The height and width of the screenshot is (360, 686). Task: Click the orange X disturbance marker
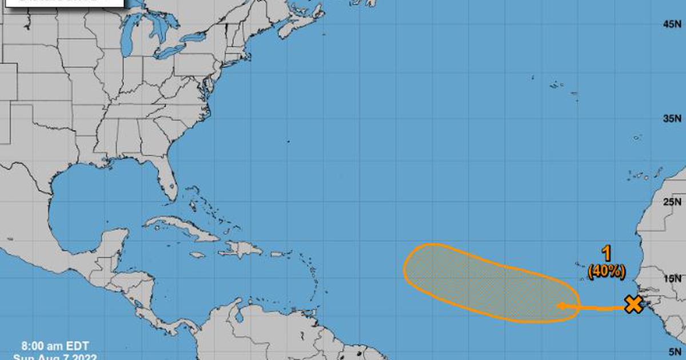[x=633, y=305]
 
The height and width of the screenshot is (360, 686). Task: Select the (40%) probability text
[x=607, y=271]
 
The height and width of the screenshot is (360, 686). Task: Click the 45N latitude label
[x=671, y=24]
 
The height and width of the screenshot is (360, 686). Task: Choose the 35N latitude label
[x=671, y=119]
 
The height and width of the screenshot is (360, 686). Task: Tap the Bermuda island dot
[x=288, y=141]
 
